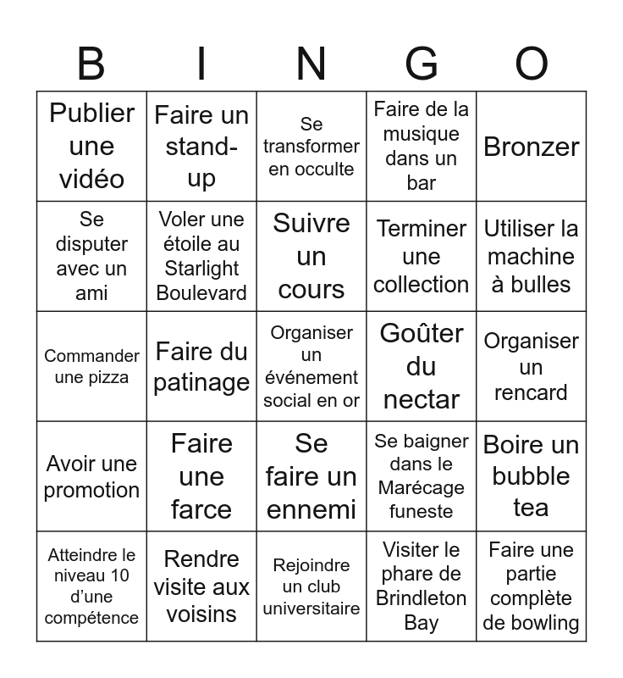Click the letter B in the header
91,64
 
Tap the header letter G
422,64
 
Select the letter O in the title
532,64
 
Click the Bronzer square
532,147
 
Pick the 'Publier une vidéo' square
91,147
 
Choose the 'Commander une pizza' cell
91,366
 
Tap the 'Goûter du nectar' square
422,366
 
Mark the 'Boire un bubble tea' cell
532,476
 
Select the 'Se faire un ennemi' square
311,476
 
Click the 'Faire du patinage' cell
201,366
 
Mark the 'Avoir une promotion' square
91,476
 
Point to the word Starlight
201,269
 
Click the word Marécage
422,488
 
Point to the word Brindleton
422,598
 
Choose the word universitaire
311,608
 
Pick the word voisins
201,614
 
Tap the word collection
422,284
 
